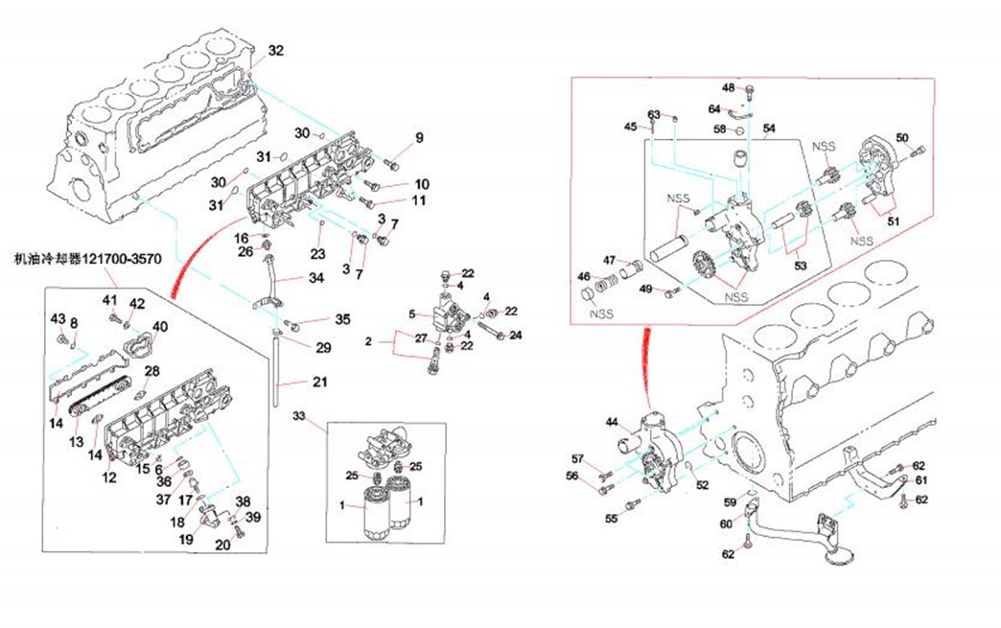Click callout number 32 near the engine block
pyautogui.click(x=275, y=50)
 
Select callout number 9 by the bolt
pyautogui.click(x=418, y=140)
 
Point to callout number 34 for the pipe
pyautogui.click(x=316, y=279)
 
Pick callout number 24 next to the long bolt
pyautogui.click(x=515, y=336)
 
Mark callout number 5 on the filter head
pyautogui.click(x=411, y=314)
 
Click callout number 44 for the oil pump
pyautogui.click(x=611, y=421)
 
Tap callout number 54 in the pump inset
pyautogui.click(x=769, y=128)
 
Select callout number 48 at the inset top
pyautogui.click(x=728, y=88)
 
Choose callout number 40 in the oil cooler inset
pyautogui.click(x=159, y=326)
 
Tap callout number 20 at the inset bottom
pyautogui.click(x=222, y=546)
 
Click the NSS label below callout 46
pyautogui.click(x=601, y=314)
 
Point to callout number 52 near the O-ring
pyautogui.click(x=702, y=485)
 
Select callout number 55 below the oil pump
pyautogui.click(x=611, y=519)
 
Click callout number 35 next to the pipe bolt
pyautogui.click(x=342, y=319)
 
